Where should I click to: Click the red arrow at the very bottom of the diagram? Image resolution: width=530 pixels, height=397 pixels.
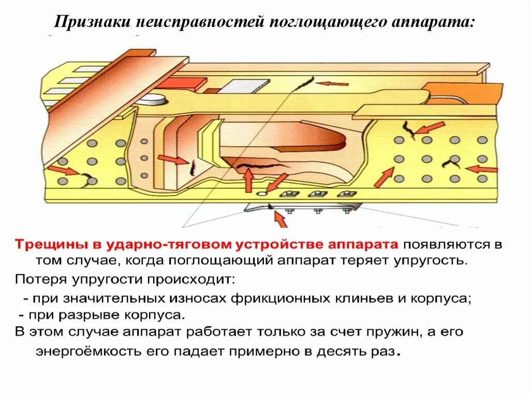279,219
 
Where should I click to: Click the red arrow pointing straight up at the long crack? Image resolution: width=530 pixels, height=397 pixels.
249,180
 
